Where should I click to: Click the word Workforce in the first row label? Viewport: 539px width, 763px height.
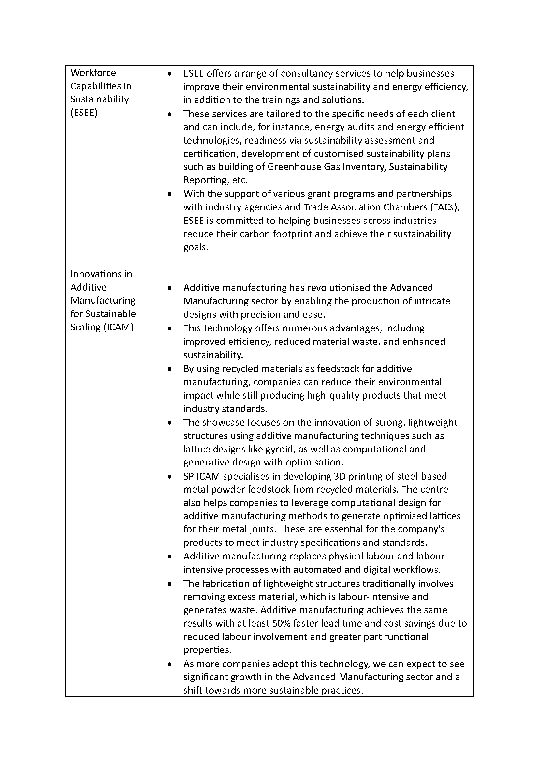(x=93, y=73)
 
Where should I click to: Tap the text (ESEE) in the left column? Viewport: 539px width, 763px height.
(x=84, y=113)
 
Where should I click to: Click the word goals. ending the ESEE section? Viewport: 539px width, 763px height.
(x=196, y=247)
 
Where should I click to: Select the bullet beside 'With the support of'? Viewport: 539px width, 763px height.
(x=169, y=194)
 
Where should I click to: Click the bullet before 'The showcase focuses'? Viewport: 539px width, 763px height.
(x=169, y=423)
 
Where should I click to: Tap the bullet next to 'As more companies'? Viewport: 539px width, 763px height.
(x=169, y=664)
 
